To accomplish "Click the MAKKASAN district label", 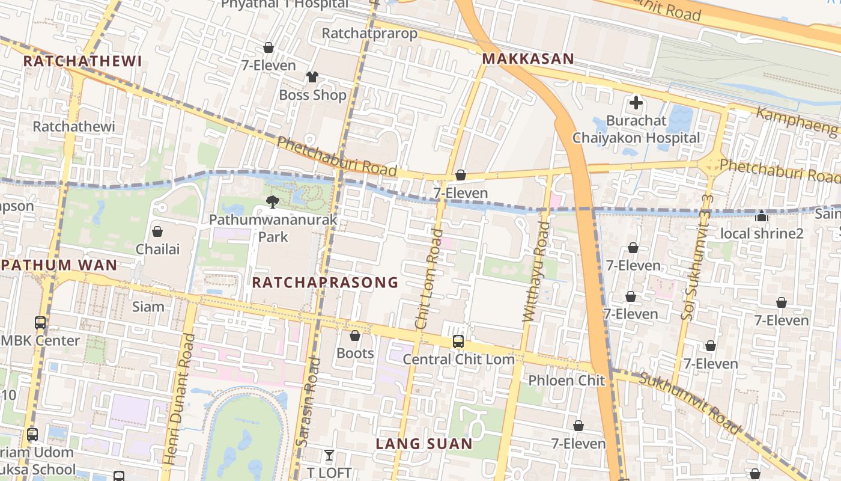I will tap(528, 59).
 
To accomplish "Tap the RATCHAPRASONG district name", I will tap(325, 283).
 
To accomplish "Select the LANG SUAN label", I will tap(424, 444).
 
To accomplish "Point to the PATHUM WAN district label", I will tap(59, 265).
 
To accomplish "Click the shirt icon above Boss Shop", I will tap(312, 77).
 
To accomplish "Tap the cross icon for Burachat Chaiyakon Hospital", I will tap(636, 103).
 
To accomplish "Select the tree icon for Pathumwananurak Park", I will tap(273, 202).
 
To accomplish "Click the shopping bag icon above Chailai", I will tap(157, 231).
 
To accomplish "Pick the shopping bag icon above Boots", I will tap(355, 335).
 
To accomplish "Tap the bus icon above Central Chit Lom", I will tap(458, 342).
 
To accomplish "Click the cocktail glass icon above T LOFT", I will tap(329, 455).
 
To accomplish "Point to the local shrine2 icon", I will tap(762, 216).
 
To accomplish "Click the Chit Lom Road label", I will tap(429, 278).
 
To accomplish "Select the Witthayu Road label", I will tap(536, 272).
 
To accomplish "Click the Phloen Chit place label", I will tap(566, 381).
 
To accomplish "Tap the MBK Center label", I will tap(40, 341).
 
